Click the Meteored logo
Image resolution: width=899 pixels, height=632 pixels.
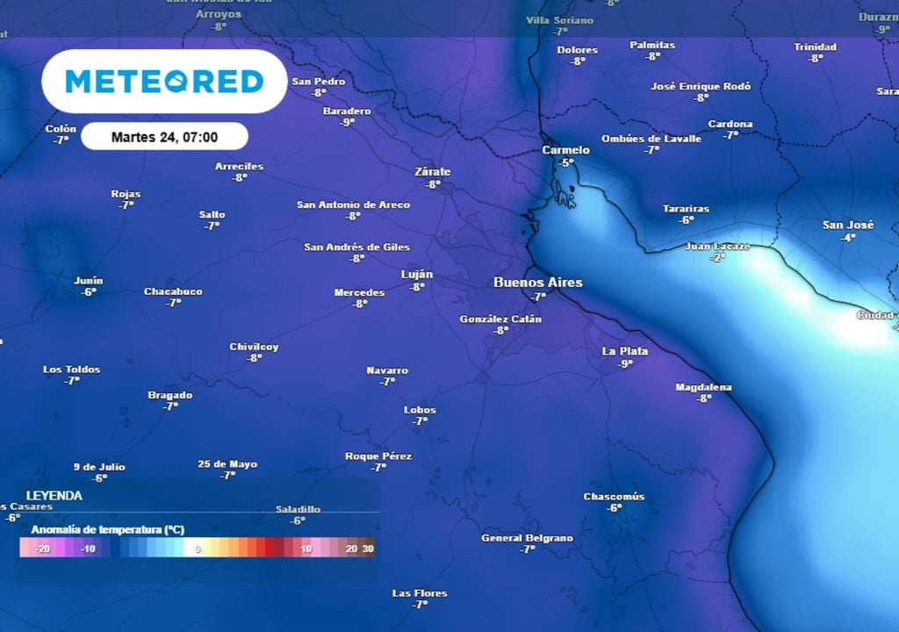(x=164, y=82)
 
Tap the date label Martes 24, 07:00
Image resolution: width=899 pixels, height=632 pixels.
(x=164, y=137)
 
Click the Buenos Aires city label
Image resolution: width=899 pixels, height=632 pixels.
(x=538, y=283)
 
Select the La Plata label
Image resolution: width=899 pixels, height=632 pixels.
(x=625, y=351)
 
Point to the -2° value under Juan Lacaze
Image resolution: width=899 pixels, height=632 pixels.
(x=717, y=257)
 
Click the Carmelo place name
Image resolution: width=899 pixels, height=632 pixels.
(x=565, y=150)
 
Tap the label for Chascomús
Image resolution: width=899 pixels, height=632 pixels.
(x=614, y=497)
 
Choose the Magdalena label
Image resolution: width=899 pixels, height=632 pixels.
(x=703, y=387)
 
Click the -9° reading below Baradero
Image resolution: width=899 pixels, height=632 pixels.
(x=347, y=122)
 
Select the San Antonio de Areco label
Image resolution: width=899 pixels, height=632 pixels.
(x=353, y=205)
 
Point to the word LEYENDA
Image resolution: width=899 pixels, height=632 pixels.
(x=54, y=496)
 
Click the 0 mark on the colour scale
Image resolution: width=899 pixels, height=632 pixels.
(x=198, y=549)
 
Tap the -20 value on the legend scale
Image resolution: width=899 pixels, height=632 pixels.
(x=41, y=549)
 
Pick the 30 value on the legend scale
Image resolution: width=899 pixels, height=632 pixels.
(x=368, y=549)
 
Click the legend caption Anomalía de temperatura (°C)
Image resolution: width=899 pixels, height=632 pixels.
(x=107, y=530)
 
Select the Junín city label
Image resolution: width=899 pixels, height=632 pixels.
(x=89, y=281)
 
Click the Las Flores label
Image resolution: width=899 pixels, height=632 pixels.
(x=419, y=593)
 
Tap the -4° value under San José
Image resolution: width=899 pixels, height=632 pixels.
(x=847, y=237)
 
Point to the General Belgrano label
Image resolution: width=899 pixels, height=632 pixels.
(x=527, y=538)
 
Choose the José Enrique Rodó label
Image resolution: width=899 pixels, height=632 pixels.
(x=701, y=86)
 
